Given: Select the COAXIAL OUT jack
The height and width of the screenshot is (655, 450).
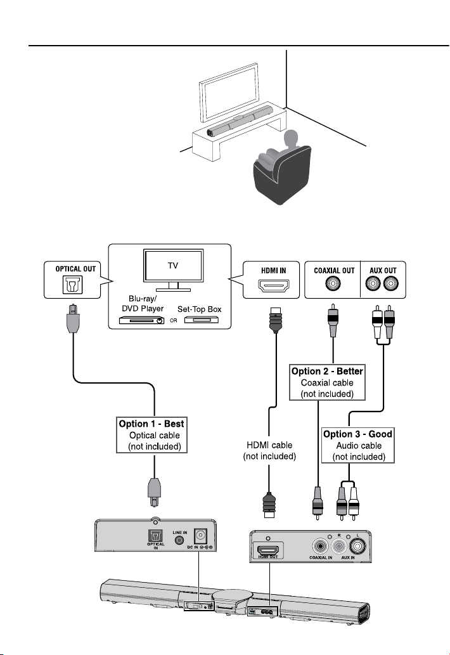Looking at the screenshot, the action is [x=333, y=283].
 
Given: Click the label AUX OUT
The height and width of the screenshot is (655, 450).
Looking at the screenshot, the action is [x=383, y=270].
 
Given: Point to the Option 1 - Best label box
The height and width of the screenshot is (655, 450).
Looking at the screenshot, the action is [x=151, y=435].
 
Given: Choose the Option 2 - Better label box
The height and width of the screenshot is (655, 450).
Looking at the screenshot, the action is [x=327, y=382].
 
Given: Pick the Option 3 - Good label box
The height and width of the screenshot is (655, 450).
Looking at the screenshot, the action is [x=357, y=445].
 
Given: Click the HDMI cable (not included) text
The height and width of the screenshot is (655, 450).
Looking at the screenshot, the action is [x=269, y=451].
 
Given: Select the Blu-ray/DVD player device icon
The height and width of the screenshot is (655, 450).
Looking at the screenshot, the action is [x=141, y=320].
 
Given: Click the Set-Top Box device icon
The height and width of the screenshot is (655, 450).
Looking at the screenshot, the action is [x=202, y=320].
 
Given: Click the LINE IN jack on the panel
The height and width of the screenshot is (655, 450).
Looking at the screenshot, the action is [x=179, y=540].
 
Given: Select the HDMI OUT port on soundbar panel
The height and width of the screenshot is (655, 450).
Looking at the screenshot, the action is [x=268, y=550].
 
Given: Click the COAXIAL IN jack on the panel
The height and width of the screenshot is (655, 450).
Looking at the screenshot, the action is [x=320, y=546].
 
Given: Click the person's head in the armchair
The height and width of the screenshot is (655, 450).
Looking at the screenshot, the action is [x=291, y=139].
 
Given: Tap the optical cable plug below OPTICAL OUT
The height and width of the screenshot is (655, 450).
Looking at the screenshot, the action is [x=73, y=318].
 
